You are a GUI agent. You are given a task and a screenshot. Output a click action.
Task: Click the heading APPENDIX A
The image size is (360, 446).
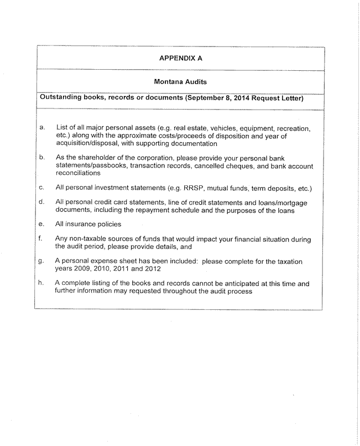coord(180,58)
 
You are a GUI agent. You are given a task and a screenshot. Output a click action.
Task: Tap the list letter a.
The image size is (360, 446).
coord(42,128)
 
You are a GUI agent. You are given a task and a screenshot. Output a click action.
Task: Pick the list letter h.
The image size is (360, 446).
coord(42,283)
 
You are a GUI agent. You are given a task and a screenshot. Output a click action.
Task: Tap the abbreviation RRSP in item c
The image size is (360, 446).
coord(196,188)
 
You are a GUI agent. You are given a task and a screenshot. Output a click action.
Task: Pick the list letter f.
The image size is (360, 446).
coord(42,238)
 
